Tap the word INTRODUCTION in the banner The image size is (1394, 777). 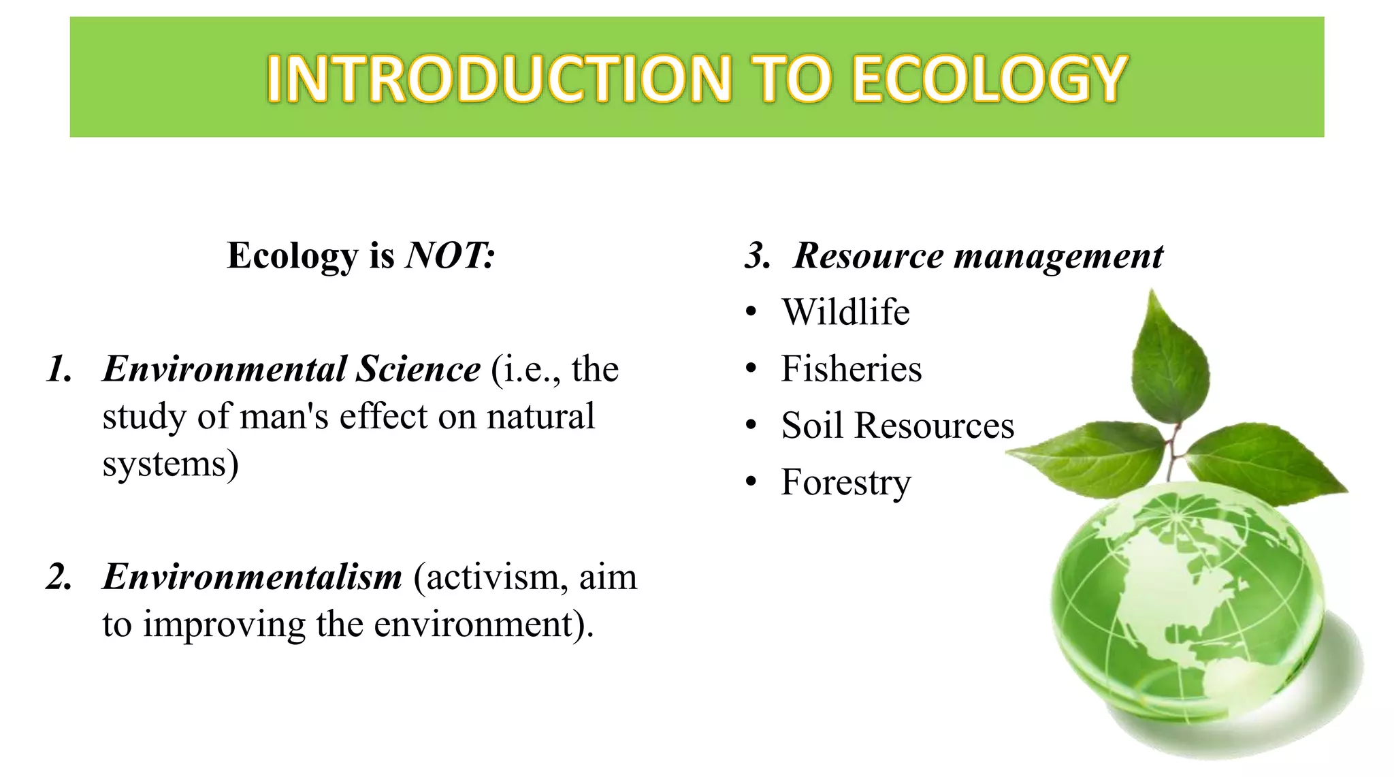coord(498,79)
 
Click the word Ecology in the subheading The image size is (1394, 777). coord(292,257)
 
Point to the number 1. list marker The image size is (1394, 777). coord(60,369)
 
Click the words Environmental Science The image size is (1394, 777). coord(291,369)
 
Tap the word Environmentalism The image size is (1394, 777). coord(253,577)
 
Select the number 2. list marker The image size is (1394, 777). coord(60,577)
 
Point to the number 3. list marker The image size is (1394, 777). coord(758,256)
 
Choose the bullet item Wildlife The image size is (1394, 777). coord(845,312)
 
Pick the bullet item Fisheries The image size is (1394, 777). coord(851,368)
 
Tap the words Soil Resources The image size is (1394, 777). coord(897,426)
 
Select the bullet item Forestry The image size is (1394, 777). coord(845,483)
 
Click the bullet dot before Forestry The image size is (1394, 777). coord(751,482)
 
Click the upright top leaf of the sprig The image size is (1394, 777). coord(1169,361)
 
